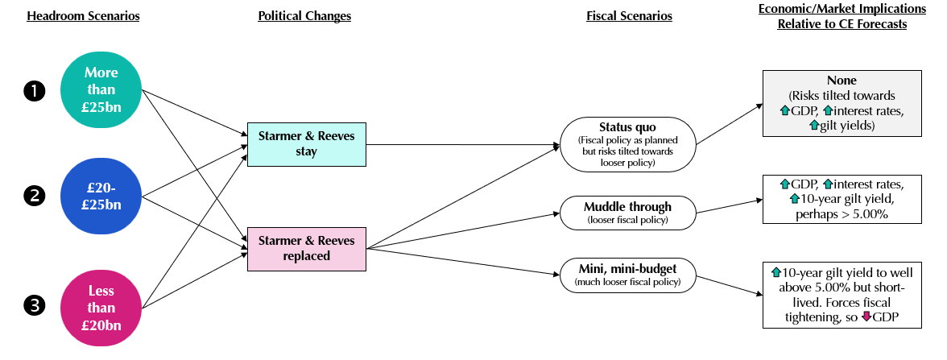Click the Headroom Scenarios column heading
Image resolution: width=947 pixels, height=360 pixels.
(x=83, y=16)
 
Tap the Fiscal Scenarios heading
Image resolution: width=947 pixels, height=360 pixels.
(x=629, y=16)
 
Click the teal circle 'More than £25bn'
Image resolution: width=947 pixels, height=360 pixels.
(x=101, y=89)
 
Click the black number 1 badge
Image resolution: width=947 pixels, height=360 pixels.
(x=34, y=92)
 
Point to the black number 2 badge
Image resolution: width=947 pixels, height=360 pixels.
(x=34, y=196)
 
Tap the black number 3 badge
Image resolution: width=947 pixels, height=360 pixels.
(x=34, y=305)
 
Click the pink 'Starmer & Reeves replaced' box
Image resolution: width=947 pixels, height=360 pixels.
(x=306, y=247)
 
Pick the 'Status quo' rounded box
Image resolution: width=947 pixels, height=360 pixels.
(x=629, y=143)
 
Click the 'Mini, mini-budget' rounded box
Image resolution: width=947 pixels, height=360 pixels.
(x=629, y=275)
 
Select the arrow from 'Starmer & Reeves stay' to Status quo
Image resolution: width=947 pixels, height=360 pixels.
(x=463, y=146)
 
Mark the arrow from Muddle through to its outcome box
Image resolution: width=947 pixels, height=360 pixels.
(x=729, y=207)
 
